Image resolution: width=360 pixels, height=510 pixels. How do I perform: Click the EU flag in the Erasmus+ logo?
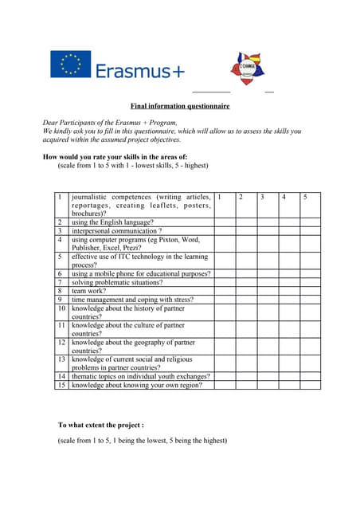(70, 65)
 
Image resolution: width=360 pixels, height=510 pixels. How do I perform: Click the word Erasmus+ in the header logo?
(140, 72)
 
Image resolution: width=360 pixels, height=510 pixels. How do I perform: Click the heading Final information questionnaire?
(180, 106)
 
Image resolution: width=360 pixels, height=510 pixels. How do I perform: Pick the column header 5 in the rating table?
(305, 197)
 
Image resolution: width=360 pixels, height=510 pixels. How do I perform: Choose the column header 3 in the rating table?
(262, 197)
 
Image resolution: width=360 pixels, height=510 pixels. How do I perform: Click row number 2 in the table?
(60, 222)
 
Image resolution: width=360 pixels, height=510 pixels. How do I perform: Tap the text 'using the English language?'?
(112, 222)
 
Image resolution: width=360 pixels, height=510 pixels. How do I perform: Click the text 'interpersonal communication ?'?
(116, 231)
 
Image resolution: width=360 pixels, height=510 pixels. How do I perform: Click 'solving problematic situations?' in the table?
(116, 282)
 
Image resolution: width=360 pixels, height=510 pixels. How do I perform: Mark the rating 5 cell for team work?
(310, 291)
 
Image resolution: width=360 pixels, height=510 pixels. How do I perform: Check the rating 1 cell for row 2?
(224, 222)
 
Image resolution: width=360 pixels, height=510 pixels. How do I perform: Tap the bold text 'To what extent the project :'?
(101, 426)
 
